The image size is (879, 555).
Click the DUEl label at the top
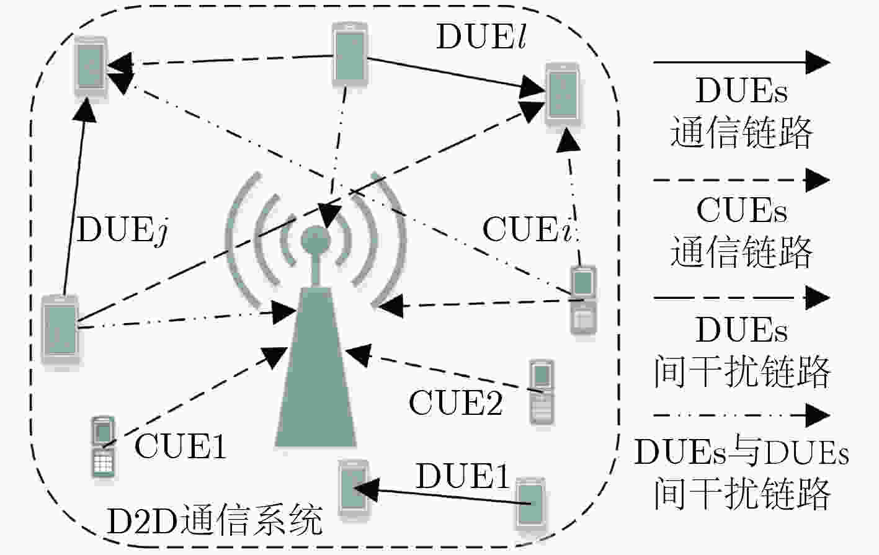481,36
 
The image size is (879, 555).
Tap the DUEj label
122,231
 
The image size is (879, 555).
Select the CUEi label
528,229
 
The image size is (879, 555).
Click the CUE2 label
455,402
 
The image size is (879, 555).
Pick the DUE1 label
462,476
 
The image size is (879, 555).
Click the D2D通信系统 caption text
214,520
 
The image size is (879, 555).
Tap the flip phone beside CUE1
103,446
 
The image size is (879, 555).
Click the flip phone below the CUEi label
584,300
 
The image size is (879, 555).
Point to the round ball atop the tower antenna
316,240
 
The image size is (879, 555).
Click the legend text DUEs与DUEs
741,452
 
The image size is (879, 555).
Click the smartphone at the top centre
350,53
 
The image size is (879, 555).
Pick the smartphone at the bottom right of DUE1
530,504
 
